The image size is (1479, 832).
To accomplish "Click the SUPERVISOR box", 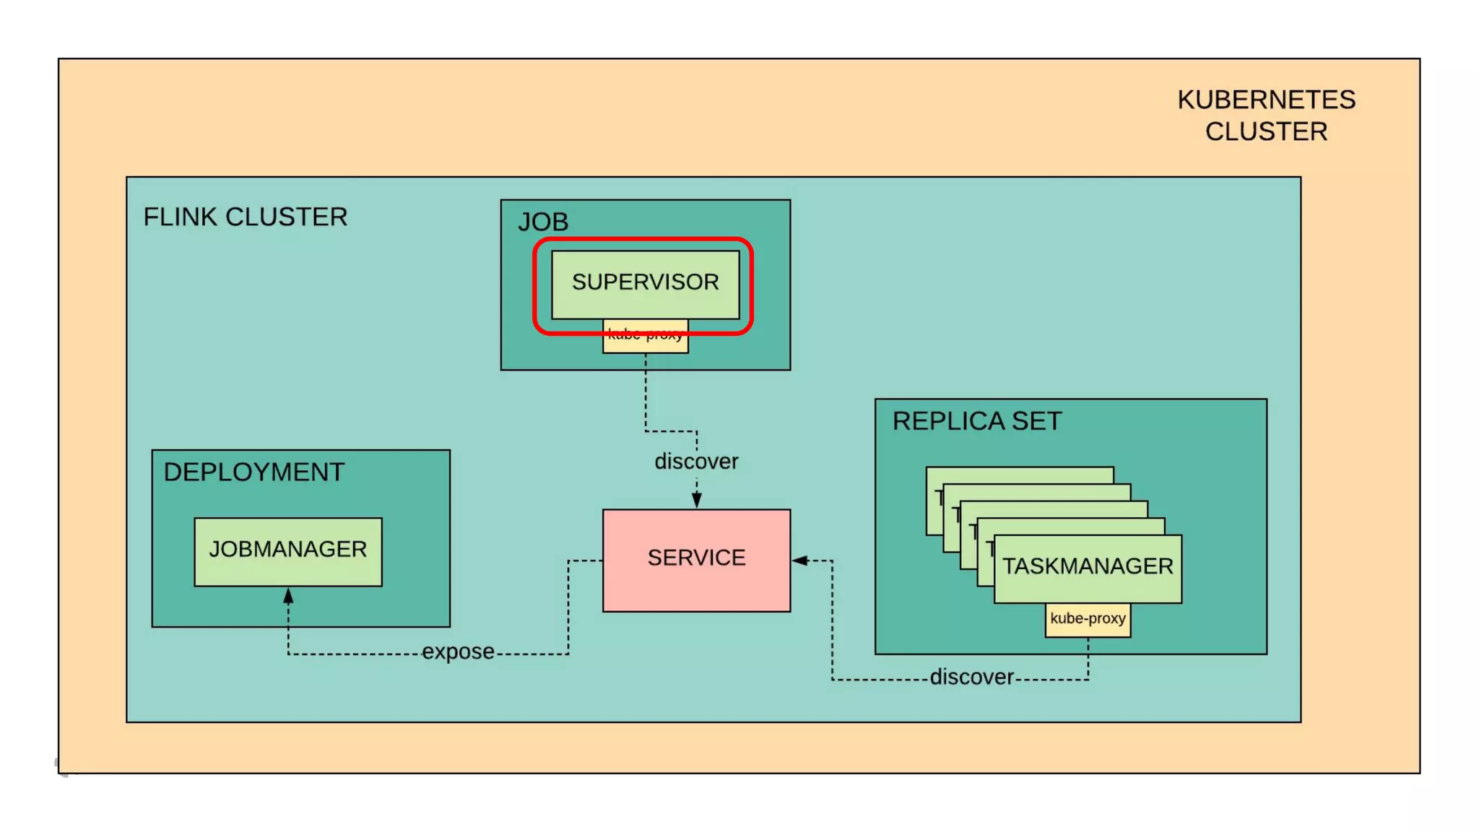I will tap(645, 282).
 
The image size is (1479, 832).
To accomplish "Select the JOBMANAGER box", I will tap(288, 550).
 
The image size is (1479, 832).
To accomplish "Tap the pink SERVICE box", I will tap(696, 559).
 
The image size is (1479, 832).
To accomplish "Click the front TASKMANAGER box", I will tap(1088, 567).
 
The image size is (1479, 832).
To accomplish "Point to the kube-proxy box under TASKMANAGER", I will tap(1088, 620).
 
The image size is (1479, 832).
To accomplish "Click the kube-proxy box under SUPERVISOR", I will tap(645, 343).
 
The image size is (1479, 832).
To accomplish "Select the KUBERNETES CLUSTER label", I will tap(1266, 116).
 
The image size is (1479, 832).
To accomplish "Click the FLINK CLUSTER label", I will tap(246, 217).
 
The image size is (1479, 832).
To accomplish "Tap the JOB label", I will tap(543, 222).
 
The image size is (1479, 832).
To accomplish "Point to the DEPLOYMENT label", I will tap(254, 472).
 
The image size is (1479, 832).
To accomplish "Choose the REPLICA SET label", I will tap(977, 421).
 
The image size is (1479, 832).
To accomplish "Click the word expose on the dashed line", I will tap(459, 652).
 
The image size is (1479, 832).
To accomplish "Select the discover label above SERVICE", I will tap(696, 461).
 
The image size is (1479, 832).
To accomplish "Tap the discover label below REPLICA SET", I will tap(972, 677).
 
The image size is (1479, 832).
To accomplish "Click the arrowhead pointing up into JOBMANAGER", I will tap(288, 596).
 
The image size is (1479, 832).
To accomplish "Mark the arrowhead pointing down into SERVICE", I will tap(696, 500).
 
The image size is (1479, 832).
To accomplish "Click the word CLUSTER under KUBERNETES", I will tap(1266, 132).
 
